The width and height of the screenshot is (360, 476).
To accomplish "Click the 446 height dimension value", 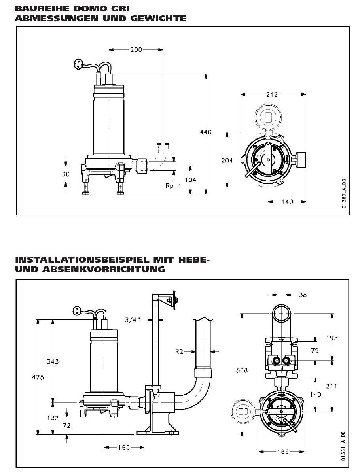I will [206, 132].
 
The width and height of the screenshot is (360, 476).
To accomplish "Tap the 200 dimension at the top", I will [135, 50].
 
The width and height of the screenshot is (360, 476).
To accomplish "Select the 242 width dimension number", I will [272, 94].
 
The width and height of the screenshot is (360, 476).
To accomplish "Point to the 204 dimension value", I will [227, 160].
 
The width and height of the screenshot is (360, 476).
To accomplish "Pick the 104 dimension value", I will [190, 179].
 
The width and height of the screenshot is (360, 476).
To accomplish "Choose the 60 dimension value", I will [66, 174].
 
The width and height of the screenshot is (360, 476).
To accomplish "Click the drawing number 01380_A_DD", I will [344, 194].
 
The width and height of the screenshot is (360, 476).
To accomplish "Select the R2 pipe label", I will [180, 351].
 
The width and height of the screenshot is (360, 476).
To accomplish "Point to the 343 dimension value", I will [53, 362].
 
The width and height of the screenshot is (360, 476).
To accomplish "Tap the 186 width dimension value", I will [282, 451].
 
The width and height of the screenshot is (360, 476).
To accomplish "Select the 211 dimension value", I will [332, 386].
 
